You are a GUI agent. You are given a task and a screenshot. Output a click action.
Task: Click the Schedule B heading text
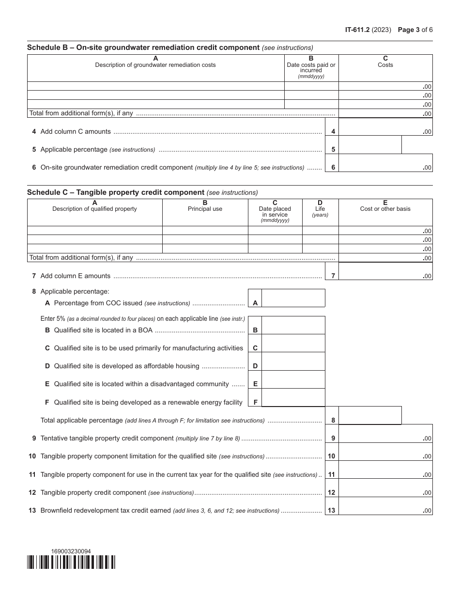click(143, 47)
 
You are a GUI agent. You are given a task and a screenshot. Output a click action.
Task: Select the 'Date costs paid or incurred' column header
click(311, 67)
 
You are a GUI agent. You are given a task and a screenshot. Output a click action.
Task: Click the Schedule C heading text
click(116, 192)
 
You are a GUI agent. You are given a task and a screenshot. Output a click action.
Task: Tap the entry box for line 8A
click(293, 298)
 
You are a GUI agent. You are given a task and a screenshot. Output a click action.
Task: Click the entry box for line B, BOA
click(293, 326)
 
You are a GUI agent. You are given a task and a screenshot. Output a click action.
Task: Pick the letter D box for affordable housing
click(255, 366)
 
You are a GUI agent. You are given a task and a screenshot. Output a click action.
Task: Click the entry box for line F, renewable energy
click(293, 397)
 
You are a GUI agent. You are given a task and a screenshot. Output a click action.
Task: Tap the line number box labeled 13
click(332, 511)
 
